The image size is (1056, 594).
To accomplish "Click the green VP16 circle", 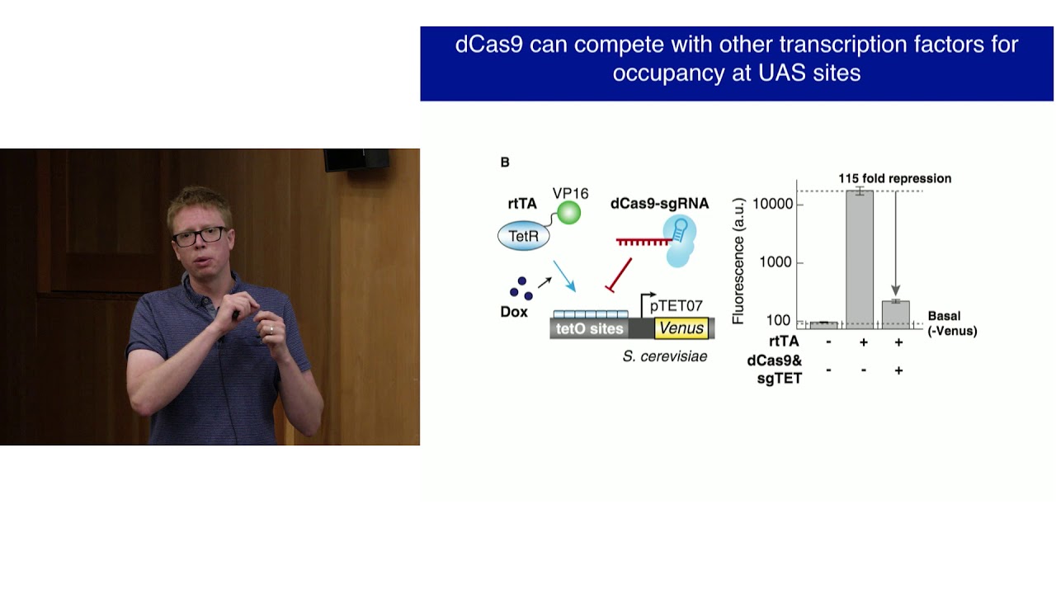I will click(x=568, y=214).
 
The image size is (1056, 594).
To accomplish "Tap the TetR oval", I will click(x=523, y=236).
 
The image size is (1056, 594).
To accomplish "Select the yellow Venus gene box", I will click(x=681, y=328).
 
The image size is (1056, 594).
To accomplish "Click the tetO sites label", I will click(x=589, y=328).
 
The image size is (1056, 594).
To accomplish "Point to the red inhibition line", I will click(x=620, y=274).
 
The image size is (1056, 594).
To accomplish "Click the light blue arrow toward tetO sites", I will click(x=565, y=276).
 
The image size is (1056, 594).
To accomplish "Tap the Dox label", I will click(x=514, y=313).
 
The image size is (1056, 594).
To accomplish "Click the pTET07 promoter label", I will click(x=676, y=306).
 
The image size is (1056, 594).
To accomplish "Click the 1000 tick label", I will click(x=777, y=262).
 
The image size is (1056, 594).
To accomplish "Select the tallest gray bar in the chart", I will click(x=860, y=259).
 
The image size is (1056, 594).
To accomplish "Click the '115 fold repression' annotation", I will click(x=894, y=178).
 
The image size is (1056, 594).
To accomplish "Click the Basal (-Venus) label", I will click(x=951, y=323).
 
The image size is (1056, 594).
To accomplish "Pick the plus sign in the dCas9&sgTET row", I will click(x=898, y=370).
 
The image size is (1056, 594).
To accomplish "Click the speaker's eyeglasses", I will click(x=198, y=235).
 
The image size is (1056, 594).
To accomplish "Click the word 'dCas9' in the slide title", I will click(x=488, y=45).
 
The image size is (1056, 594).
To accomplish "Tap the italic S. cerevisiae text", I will click(x=664, y=356).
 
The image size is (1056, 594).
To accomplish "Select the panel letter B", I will click(x=505, y=163).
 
